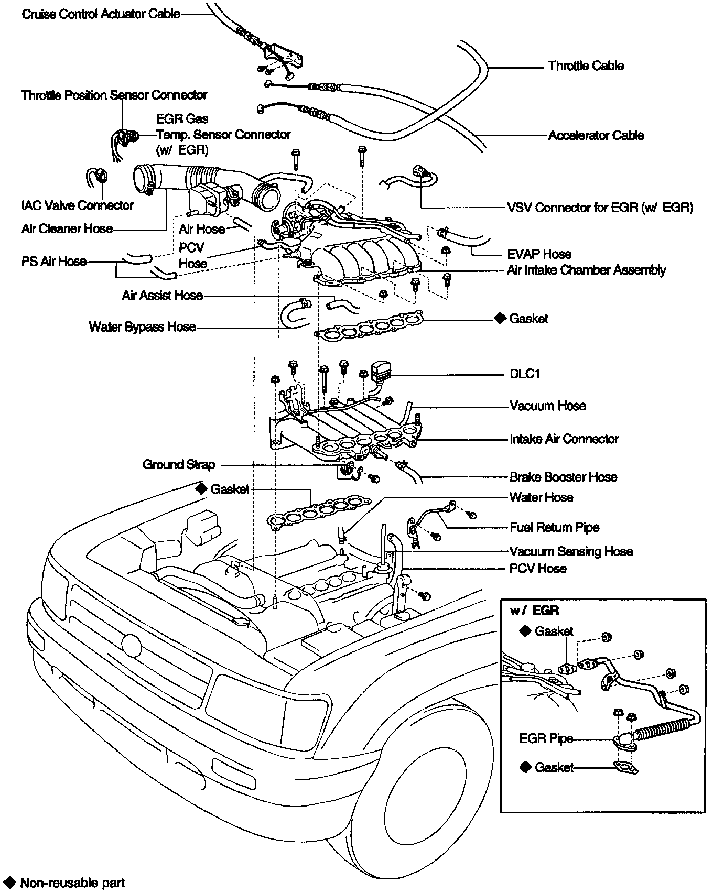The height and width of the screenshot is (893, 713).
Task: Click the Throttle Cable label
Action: coord(586,66)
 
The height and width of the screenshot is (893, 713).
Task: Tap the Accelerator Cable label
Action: coord(596,136)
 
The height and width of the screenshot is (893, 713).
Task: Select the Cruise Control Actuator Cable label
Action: coord(101,14)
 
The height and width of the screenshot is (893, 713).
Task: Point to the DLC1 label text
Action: coord(525,374)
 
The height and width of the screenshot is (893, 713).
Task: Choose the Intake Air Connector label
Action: coord(564,439)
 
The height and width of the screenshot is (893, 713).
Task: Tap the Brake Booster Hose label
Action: coord(563,477)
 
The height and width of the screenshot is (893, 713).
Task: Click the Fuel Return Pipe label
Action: coord(554,528)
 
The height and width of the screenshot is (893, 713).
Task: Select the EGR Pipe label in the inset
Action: coord(546,739)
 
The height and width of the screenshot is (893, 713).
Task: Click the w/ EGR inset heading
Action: coord(534,611)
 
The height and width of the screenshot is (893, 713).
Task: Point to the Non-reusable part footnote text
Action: coord(72,883)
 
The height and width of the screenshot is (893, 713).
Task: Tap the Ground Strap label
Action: coord(179,465)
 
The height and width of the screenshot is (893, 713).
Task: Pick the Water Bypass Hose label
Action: coord(142,328)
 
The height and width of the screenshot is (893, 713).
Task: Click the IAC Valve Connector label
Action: coord(78,205)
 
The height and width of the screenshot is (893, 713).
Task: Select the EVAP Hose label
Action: coord(539,255)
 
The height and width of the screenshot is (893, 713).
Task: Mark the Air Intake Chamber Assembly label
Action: coord(586,270)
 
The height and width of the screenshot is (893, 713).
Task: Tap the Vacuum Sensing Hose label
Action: coord(571,552)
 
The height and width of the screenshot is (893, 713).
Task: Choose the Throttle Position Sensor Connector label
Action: coord(114,95)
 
